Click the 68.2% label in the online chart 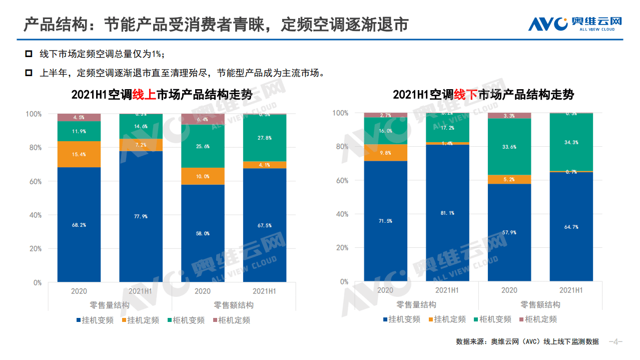[79, 225]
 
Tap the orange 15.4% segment [79, 154]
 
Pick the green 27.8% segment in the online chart [265, 138]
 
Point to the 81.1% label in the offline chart [447, 213]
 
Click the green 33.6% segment [509, 147]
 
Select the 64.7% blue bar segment [571, 227]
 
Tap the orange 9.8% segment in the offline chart [385, 153]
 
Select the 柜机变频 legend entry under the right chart [495, 319]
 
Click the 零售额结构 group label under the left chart [234, 305]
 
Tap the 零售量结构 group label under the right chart [416, 304]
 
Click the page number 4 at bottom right [615, 342]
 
